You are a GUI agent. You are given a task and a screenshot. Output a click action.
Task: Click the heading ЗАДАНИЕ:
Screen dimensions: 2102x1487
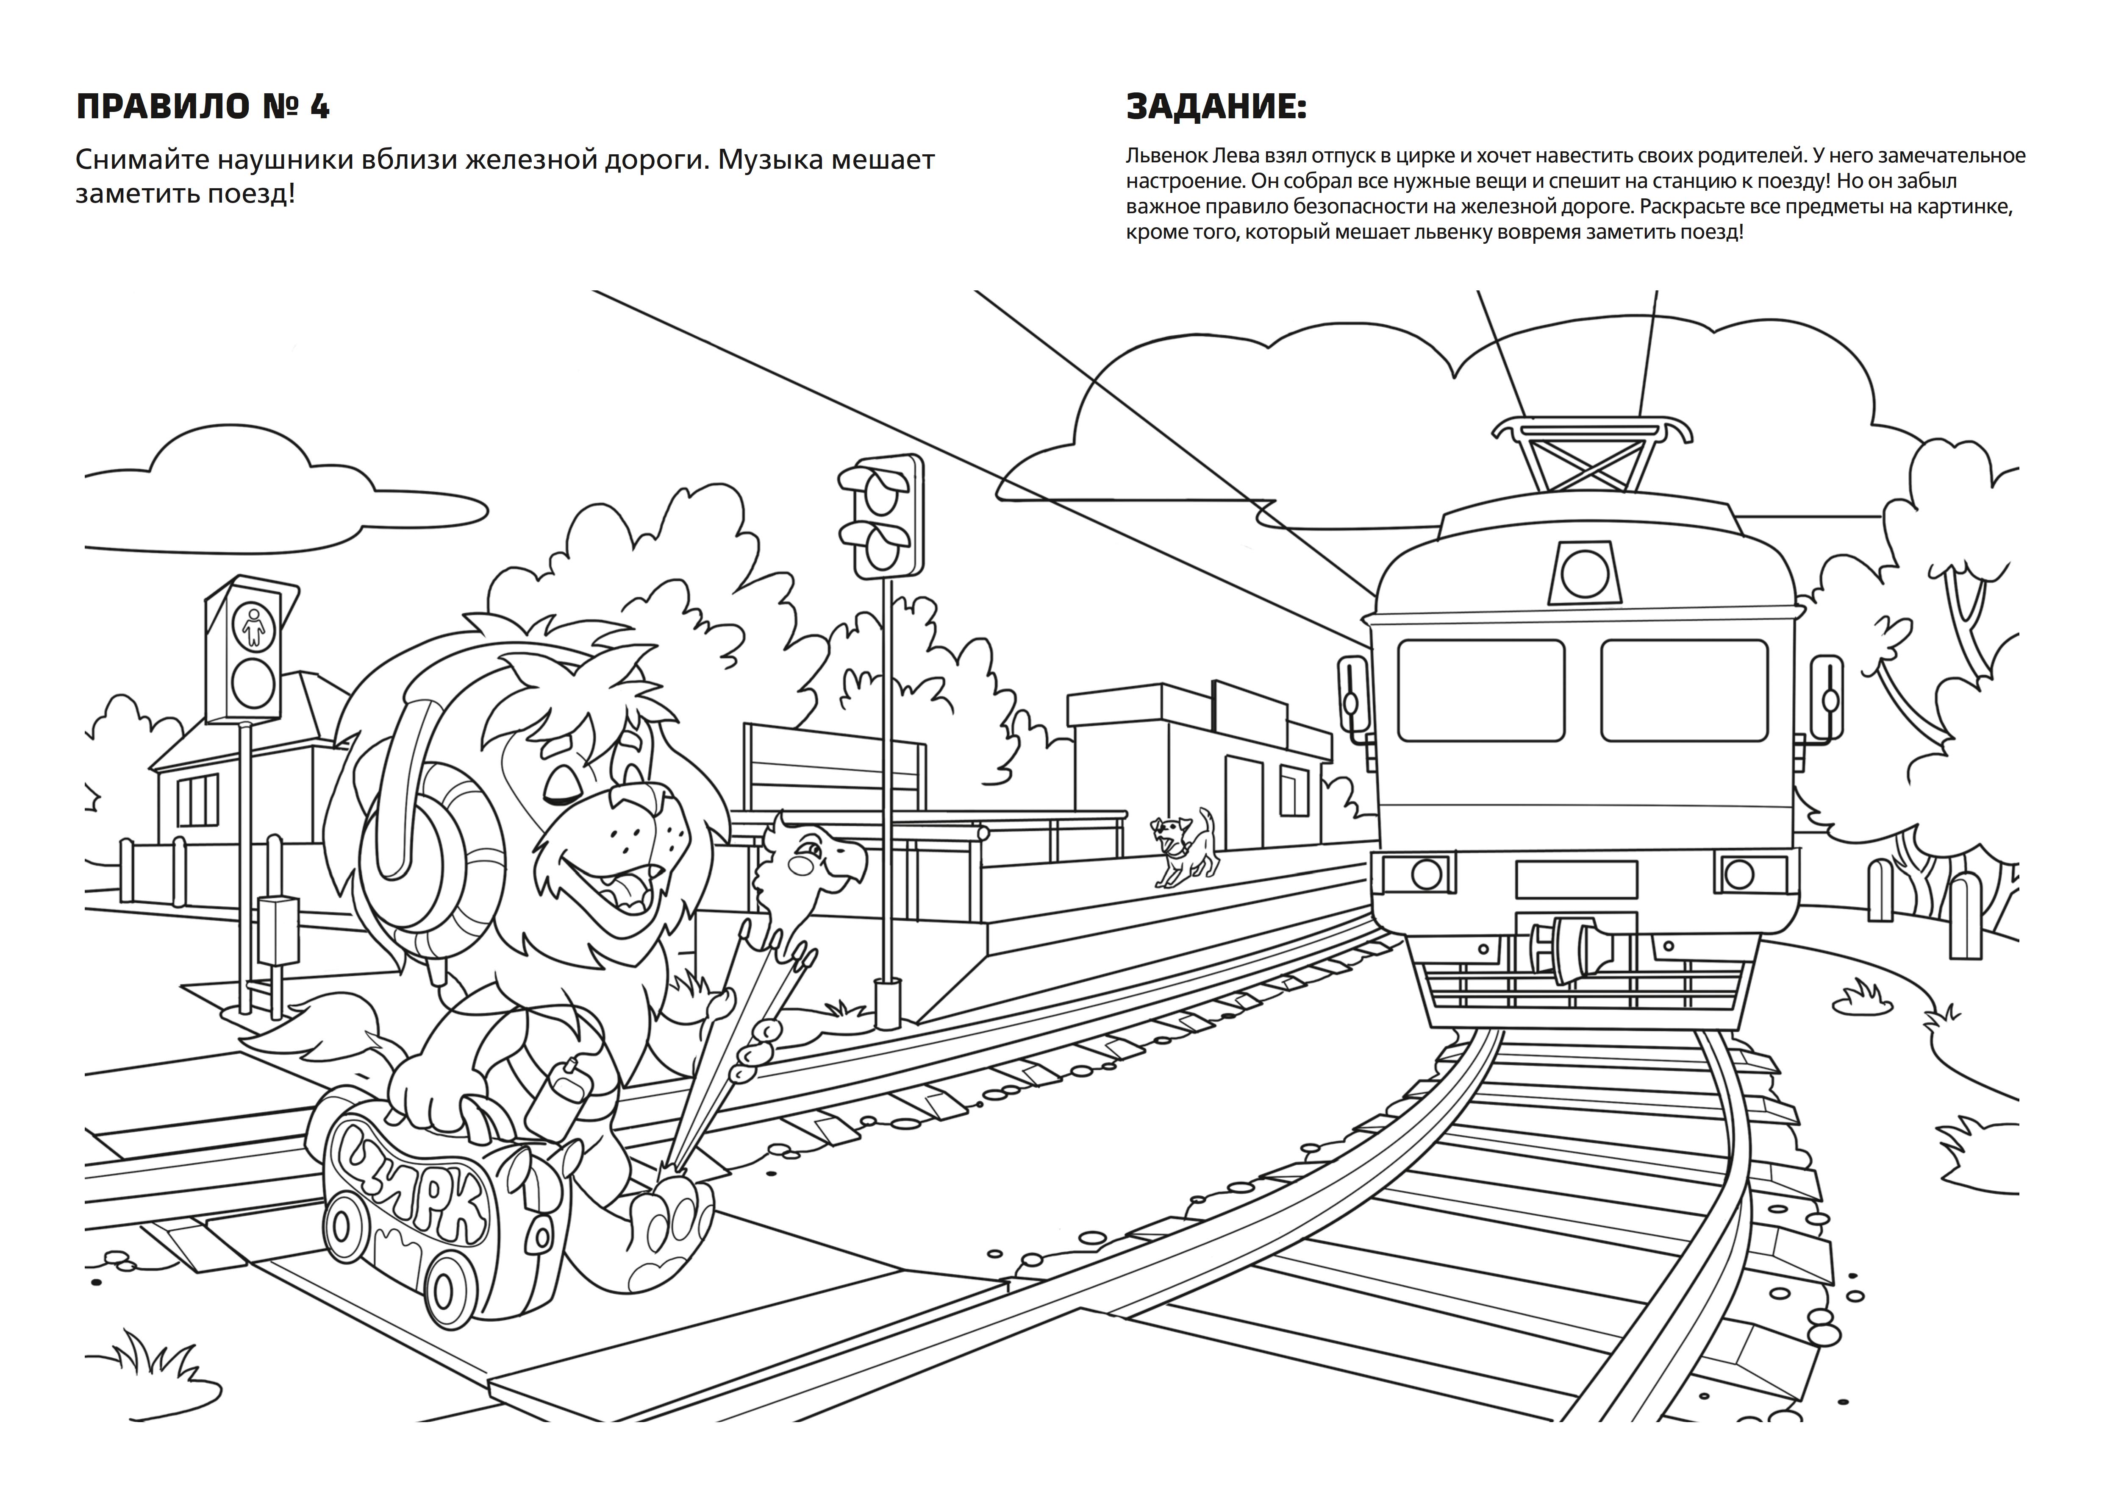pyautogui.click(x=1216, y=107)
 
